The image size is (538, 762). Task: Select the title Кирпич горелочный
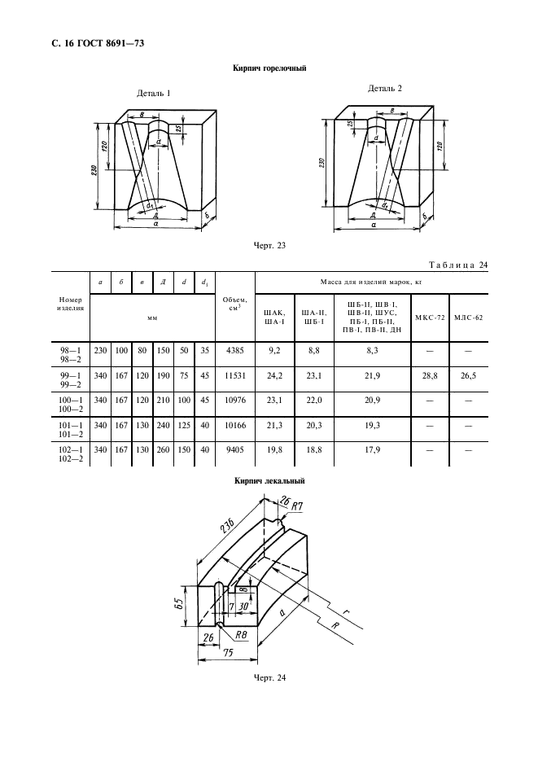point(269,69)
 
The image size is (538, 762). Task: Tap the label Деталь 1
point(155,94)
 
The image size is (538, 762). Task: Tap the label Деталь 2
point(385,87)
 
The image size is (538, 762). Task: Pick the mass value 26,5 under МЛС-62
point(470,377)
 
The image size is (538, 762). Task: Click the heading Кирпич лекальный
point(269,480)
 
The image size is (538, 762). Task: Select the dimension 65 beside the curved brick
point(187,605)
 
